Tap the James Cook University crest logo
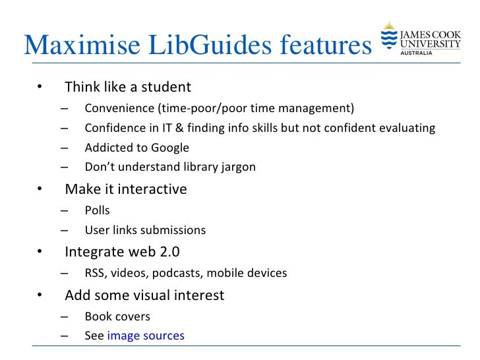pos(388,38)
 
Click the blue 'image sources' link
pos(146,336)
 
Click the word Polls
pos(97,210)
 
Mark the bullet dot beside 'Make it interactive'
pos(39,190)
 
